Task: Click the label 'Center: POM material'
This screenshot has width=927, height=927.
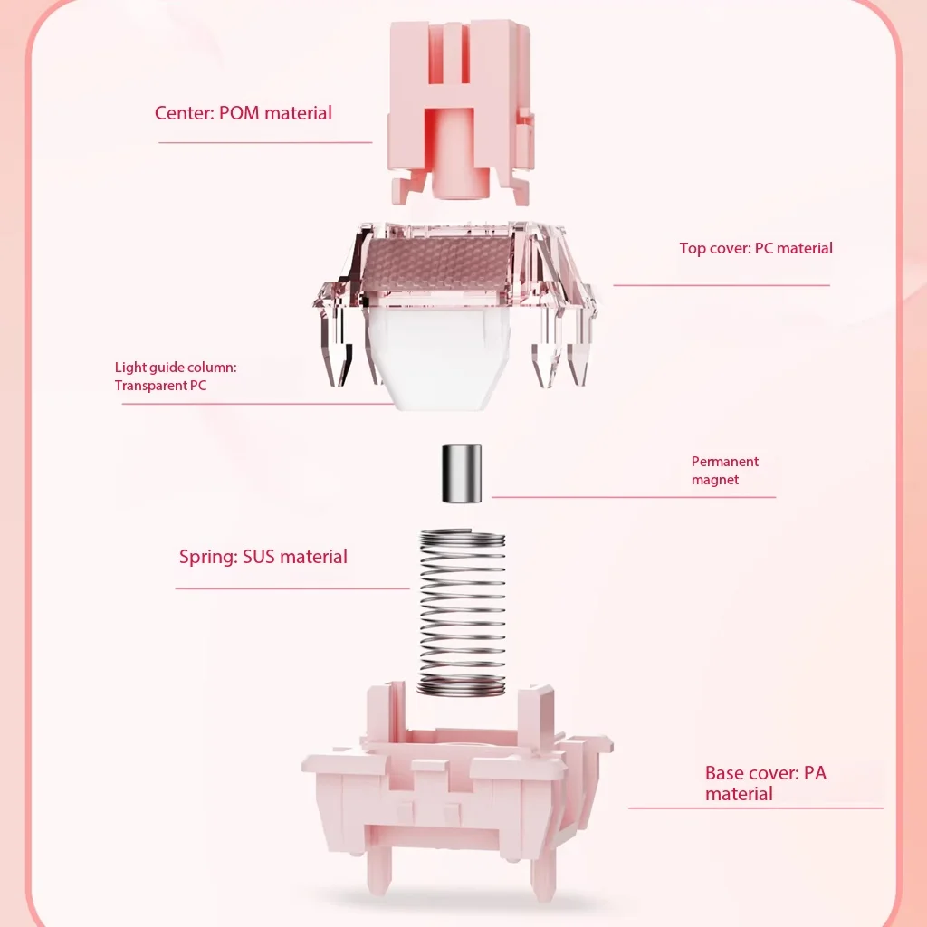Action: (x=243, y=113)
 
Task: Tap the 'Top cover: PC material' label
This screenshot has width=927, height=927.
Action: (x=756, y=248)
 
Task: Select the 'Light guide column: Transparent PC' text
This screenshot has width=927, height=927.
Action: (x=176, y=376)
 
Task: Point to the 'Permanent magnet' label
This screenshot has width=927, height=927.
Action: (x=725, y=471)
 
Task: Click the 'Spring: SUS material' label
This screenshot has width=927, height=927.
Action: (x=263, y=557)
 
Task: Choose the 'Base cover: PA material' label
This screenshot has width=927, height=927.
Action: (x=766, y=783)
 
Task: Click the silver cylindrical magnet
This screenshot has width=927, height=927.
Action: (x=462, y=473)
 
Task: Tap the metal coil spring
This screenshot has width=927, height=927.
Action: (x=462, y=613)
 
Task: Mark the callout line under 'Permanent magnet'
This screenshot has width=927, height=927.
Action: (x=633, y=497)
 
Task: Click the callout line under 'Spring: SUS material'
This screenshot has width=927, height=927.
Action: (x=292, y=588)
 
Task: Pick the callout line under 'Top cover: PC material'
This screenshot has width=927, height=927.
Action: (x=722, y=285)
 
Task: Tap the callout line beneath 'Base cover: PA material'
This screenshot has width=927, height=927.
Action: (x=756, y=808)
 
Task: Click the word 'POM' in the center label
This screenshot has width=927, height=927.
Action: (x=239, y=113)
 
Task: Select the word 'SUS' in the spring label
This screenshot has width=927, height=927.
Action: (x=258, y=557)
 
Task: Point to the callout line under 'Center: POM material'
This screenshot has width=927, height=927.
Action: (x=265, y=142)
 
